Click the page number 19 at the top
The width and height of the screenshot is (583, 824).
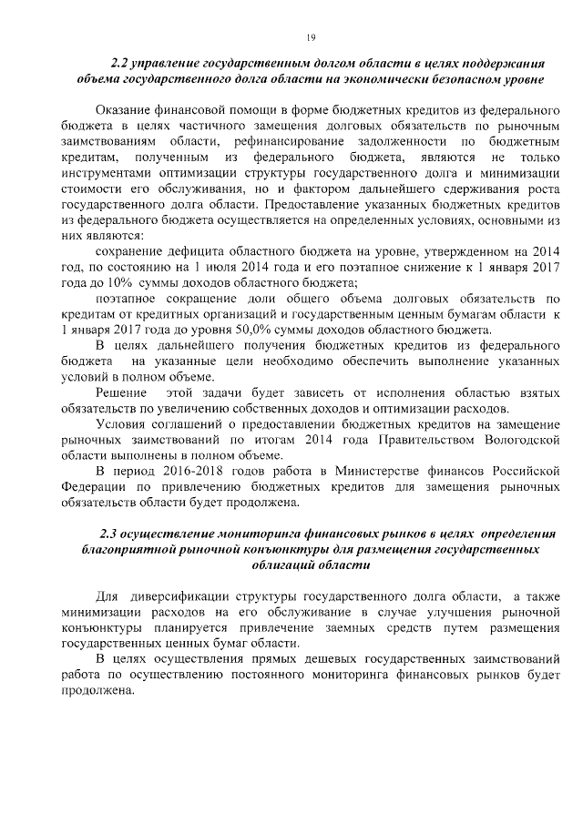tap(312, 36)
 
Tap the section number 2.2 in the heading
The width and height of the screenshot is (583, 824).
tap(120, 64)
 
